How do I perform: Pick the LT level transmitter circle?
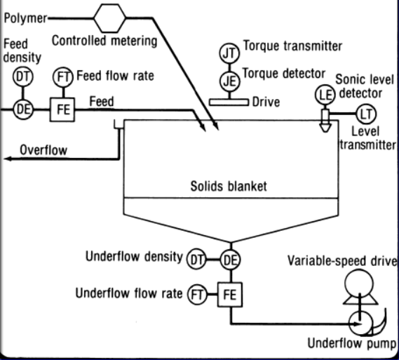[365, 112]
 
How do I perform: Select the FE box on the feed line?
[60, 109]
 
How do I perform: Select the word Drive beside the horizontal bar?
[266, 102]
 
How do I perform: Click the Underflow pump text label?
[353, 343]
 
